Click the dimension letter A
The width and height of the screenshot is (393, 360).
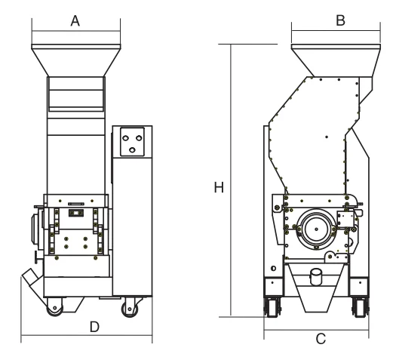(x=75, y=21)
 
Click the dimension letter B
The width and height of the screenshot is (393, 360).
(x=340, y=20)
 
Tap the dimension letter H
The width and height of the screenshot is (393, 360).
(x=219, y=187)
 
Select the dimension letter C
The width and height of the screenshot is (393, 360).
(x=321, y=339)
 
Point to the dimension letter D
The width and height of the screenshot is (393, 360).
(x=94, y=327)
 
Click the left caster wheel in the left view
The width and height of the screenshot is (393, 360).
(x=54, y=308)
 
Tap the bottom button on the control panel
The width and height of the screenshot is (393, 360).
(x=132, y=150)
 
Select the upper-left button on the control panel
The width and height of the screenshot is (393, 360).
(x=125, y=138)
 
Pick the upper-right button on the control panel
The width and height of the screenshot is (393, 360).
(x=139, y=138)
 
